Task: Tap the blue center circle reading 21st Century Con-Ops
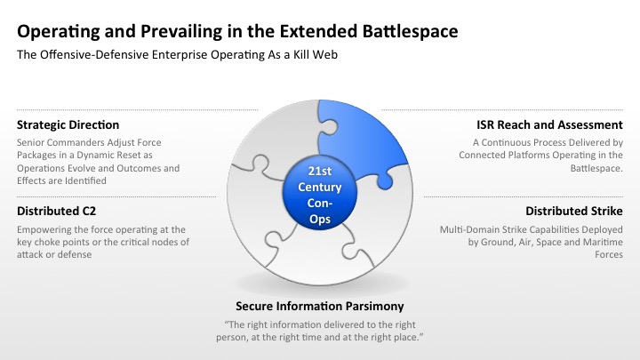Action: point(320,193)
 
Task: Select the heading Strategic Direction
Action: point(68,125)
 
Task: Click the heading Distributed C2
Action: point(56,211)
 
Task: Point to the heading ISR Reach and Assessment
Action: point(549,125)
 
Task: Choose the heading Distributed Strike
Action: point(574,211)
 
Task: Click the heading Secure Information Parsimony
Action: point(320,306)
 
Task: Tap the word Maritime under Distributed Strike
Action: point(603,242)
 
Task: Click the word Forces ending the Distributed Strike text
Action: point(609,255)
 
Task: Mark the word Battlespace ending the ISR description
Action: point(596,168)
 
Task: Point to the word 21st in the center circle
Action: point(320,171)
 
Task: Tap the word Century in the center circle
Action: point(320,187)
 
